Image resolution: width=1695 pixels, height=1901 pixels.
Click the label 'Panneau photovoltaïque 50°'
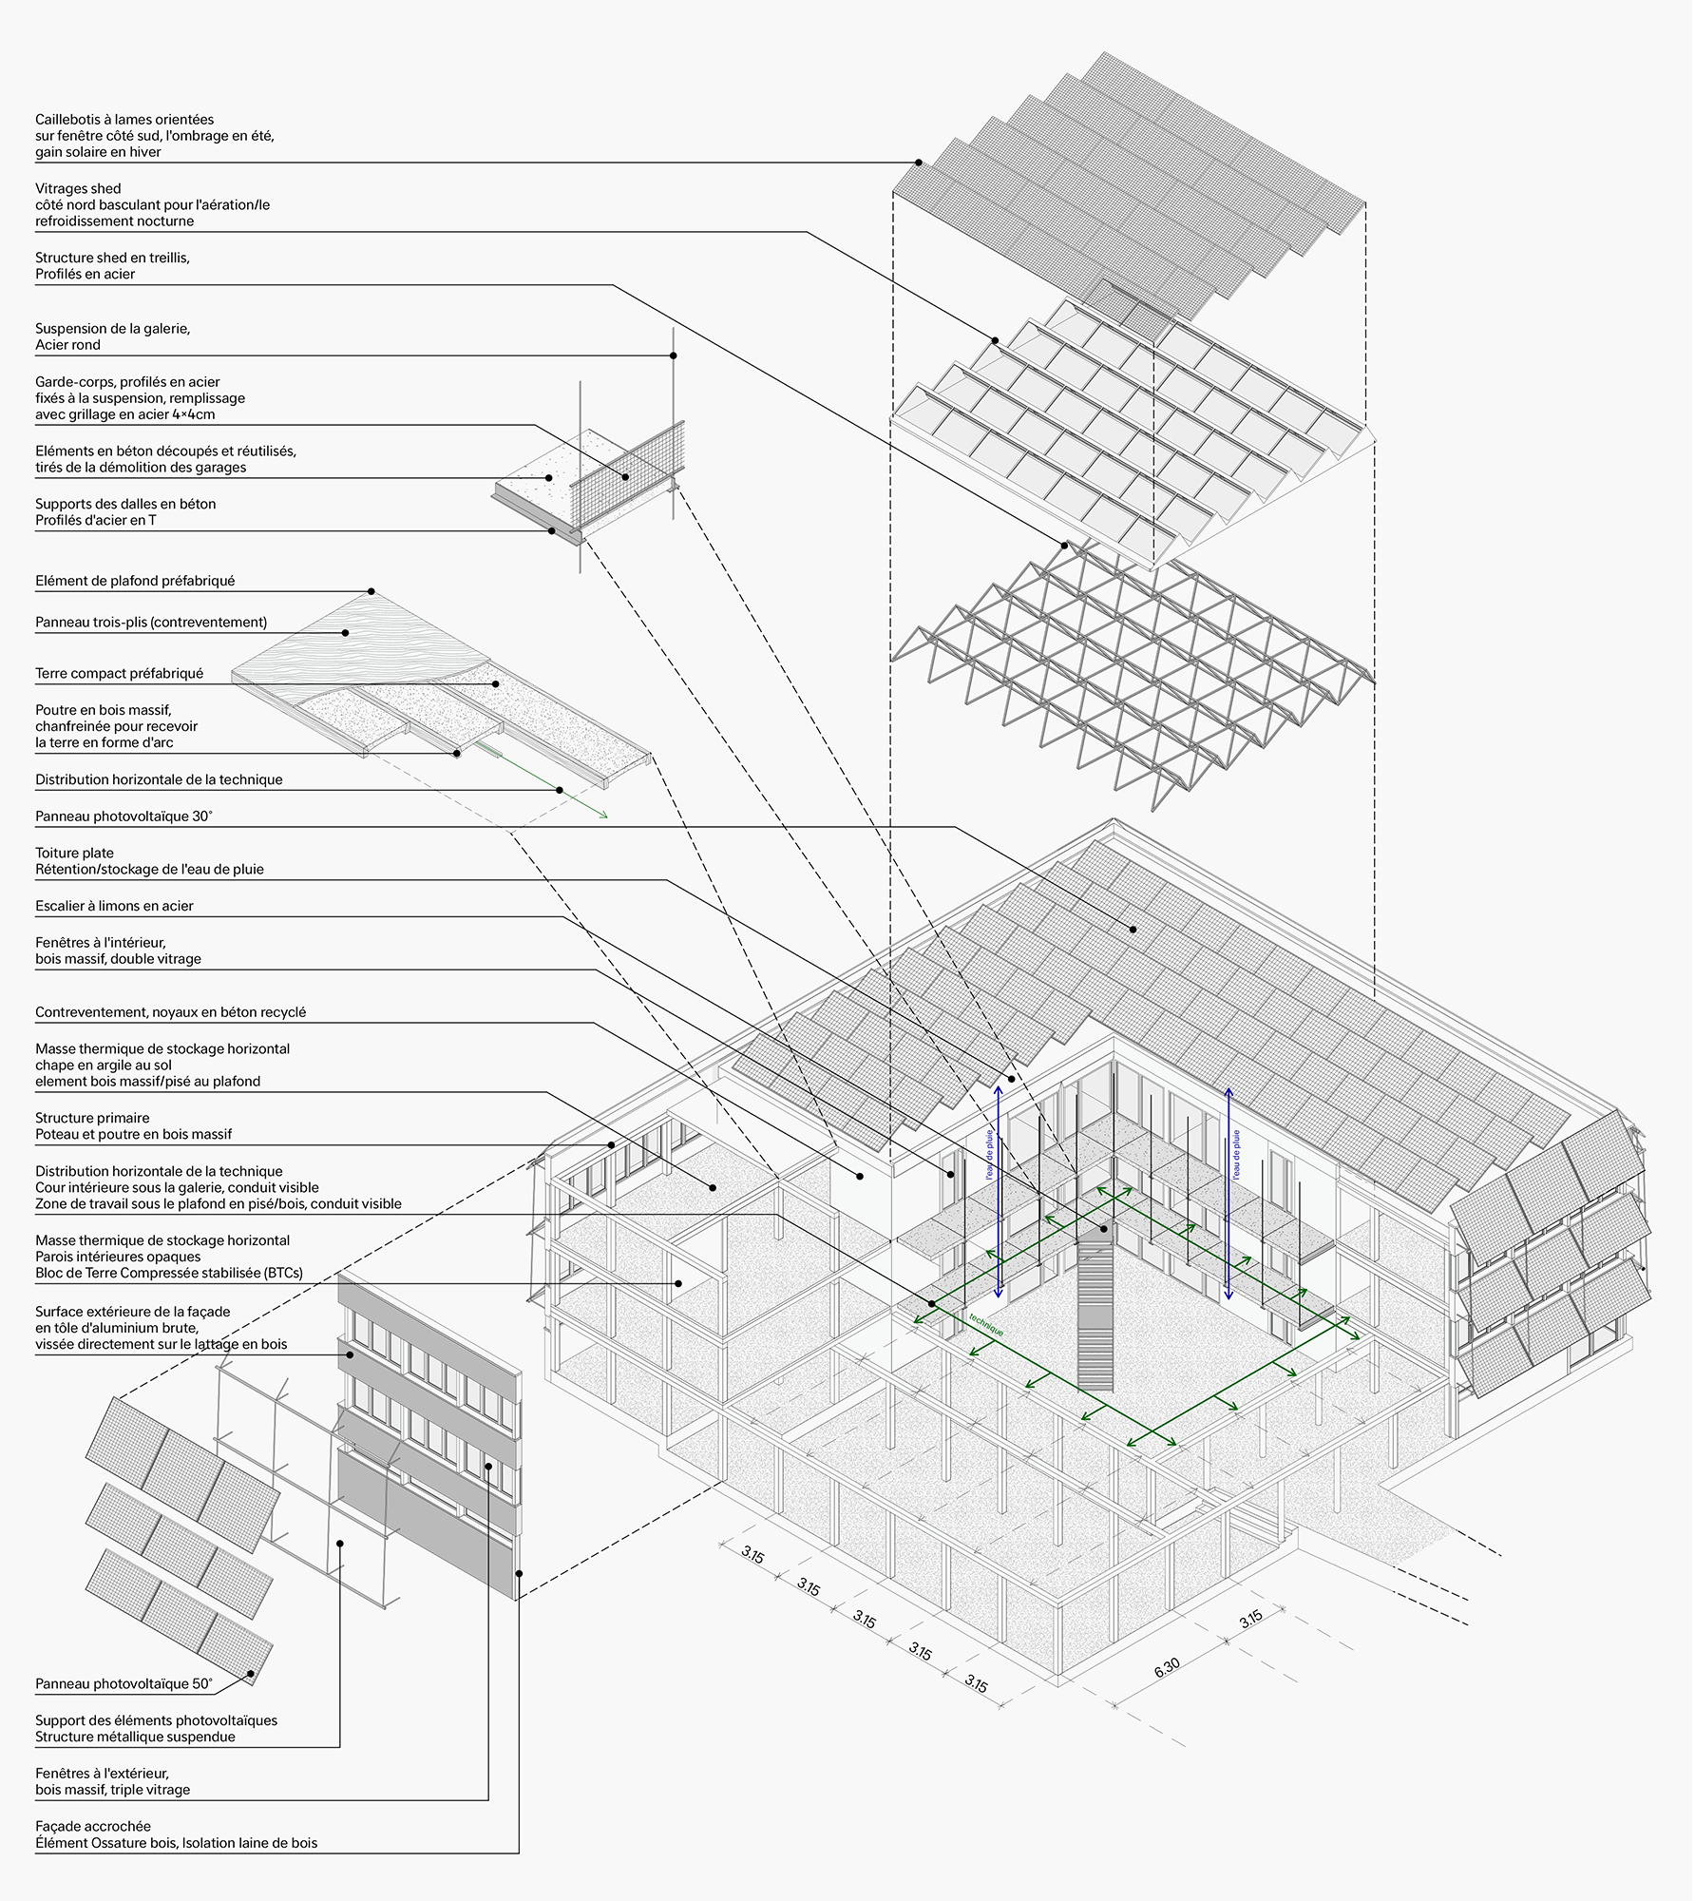click(x=124, y=1683)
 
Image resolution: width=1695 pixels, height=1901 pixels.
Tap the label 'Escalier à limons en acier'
click(x=114, y=906)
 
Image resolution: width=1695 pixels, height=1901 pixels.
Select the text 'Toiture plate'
click(x=74, y=853)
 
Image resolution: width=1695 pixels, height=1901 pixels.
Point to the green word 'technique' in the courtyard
click(x=986, y=1326)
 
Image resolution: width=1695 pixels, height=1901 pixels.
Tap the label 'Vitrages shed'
click(x=78, y=188)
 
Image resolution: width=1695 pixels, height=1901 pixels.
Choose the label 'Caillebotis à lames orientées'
click(x=124, y=120)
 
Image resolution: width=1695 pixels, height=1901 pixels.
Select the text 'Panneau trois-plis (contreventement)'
click(x=151, y=623)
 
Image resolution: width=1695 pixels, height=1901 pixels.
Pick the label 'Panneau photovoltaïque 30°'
click(x=124, y=816)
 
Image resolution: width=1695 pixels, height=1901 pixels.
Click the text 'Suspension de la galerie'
click(x=112, y=328)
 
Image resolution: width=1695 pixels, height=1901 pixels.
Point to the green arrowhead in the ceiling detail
click(x=603, y=815)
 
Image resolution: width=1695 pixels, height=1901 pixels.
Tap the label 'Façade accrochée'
click(x=93, y=1826)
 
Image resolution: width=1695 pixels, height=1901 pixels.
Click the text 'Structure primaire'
click(x=92, y=1118)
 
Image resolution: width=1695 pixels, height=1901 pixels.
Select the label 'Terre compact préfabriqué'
click(x=119, y=673)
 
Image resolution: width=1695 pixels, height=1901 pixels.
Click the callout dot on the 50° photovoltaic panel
click(x=251, y=1674)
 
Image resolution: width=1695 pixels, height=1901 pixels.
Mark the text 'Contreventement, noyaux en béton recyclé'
click(x=171, y=1012)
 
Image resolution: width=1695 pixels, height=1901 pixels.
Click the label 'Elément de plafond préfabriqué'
click(x=135, y=580)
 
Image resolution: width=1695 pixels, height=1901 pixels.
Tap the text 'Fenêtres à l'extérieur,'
click(x=102, y=1773)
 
